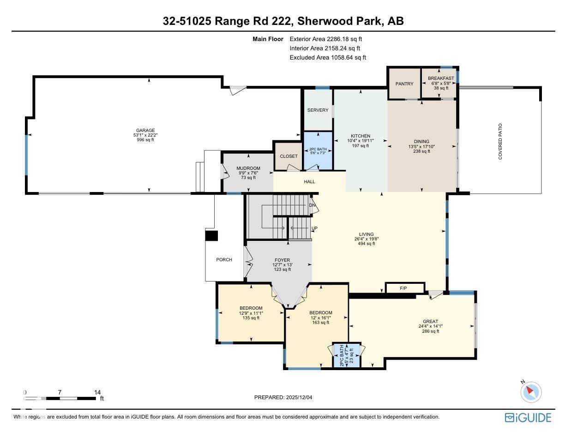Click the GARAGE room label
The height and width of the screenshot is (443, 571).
tap(145, 130)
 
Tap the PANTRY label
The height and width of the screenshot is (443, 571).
tap(404, 84)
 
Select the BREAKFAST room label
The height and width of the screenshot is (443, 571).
tap(440, 78)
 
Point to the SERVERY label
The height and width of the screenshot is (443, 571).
tap(318, 110)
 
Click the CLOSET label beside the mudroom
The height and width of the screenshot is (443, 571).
tap(289, 156)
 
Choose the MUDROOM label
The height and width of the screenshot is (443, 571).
tap(248, 168)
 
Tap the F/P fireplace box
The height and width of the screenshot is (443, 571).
tap(403, 288)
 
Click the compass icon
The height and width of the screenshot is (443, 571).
tap(530, 392)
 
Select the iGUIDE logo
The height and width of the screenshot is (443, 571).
tap(528, 418)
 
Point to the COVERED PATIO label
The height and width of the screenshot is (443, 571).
tap(500, 141)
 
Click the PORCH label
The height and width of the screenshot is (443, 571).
tap(224, 260)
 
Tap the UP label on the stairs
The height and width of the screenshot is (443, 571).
tap(314, 228)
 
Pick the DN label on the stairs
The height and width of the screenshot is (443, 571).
tap(312, 205)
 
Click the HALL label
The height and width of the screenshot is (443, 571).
tap(309, 182)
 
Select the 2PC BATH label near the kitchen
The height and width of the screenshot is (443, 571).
tap(318, 149)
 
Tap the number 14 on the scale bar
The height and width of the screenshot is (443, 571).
tap(97, 392)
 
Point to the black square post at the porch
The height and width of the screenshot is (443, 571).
tap(211, 235)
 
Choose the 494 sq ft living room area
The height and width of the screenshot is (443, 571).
tap(367, 244)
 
